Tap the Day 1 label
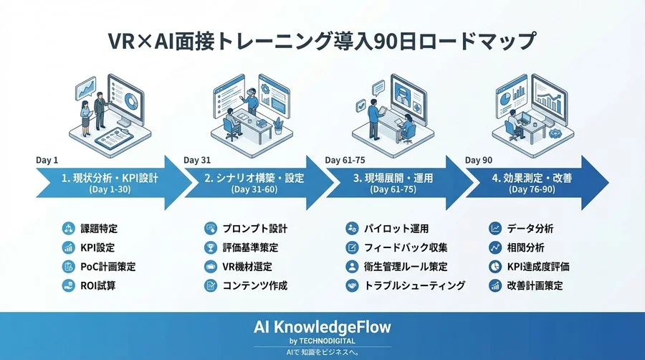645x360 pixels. (48, 160)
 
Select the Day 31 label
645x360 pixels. (197, 160)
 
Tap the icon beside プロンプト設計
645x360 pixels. (210, 229)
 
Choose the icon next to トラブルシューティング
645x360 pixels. (352, 285)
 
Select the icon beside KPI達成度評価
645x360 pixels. (495, 267)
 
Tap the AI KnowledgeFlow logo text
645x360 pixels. (322, 326)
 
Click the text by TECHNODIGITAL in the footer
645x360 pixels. (322, 340)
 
